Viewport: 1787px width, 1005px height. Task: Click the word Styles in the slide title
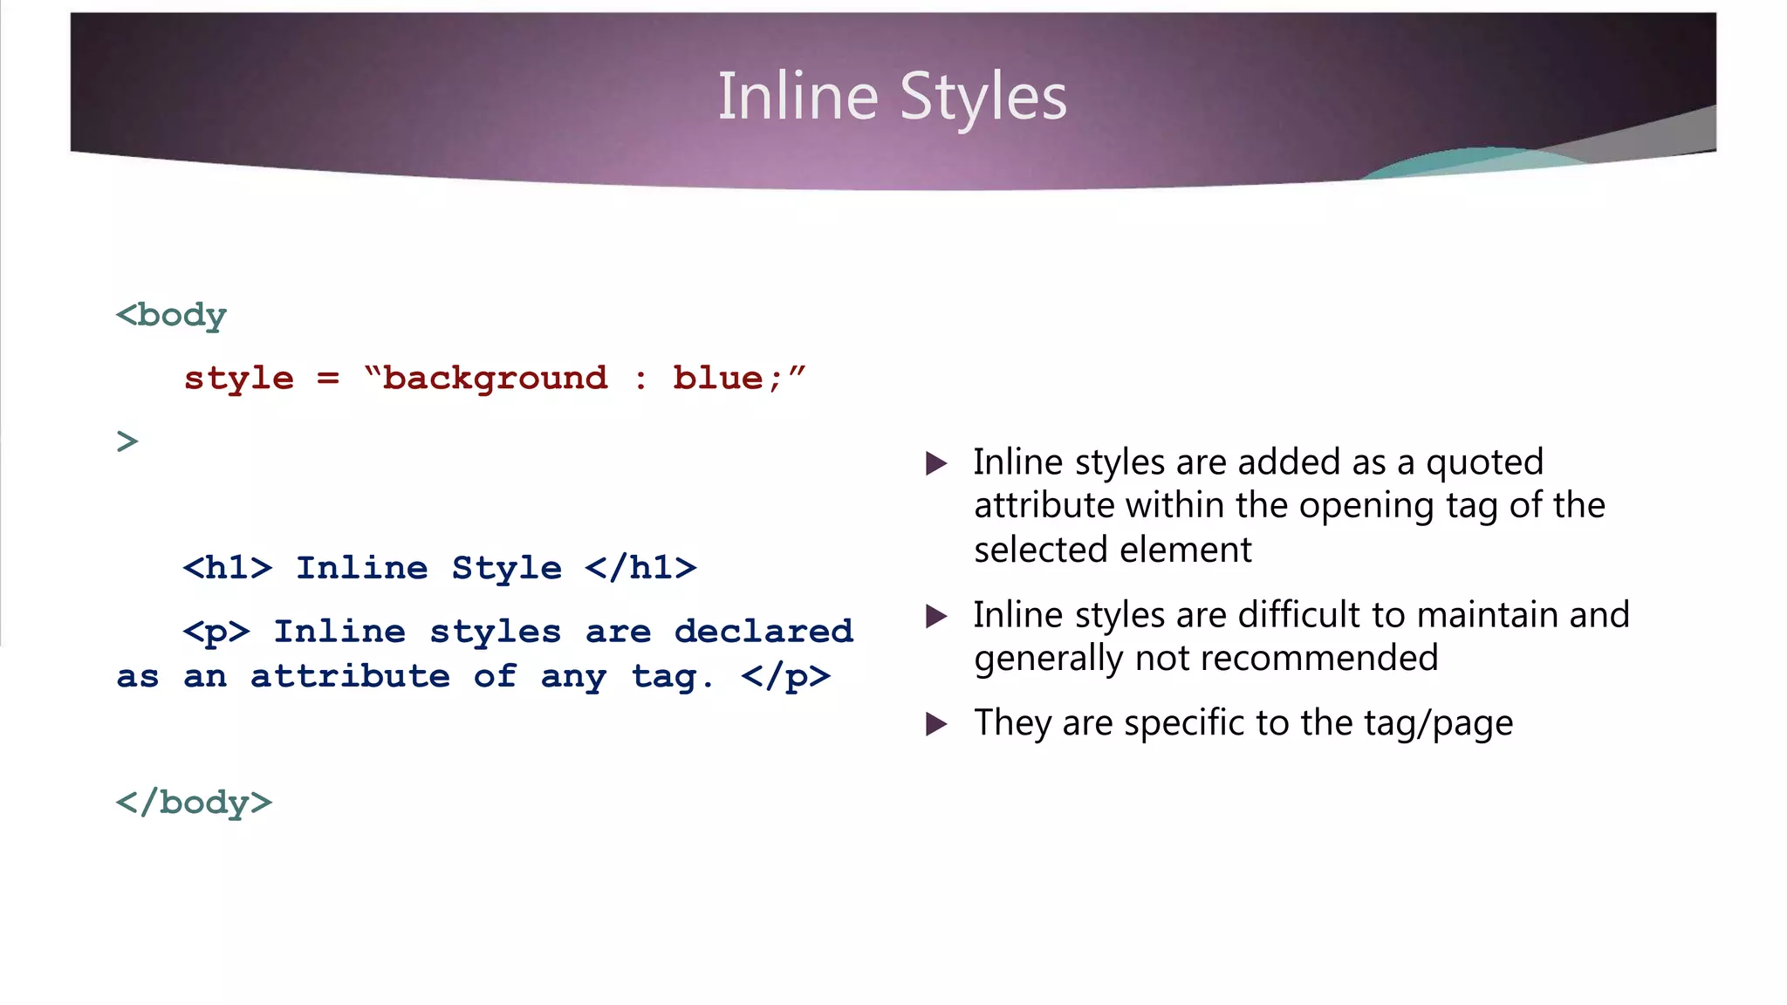(x=983, y=97)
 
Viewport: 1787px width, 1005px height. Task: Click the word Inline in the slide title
(x=798, y=97)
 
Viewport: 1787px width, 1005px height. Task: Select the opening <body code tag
(x=171, y=315)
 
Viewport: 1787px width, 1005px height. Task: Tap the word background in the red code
(x=495, y=379)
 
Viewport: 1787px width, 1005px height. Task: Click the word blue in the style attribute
(x=717, y=379)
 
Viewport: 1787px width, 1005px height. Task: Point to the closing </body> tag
(x=194, y=802)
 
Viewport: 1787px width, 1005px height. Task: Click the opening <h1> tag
(x=228, y=568)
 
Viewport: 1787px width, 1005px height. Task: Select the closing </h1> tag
(x=640, y=568)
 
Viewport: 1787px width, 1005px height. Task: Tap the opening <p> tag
(x=216, y=632)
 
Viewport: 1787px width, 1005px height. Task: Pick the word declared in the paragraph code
(x=763, y=632)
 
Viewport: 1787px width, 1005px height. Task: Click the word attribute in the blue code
(x=350, y=677)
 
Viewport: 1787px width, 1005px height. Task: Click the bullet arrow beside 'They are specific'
(x=936, y=724)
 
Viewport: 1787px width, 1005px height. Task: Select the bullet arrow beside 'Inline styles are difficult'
(x=936, y=617)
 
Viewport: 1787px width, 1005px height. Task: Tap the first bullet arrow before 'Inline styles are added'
(x=936, y=463)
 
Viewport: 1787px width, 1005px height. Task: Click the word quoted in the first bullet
(x=1484, y=462)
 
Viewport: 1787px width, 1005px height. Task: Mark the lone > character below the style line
(x=127, y=441)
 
